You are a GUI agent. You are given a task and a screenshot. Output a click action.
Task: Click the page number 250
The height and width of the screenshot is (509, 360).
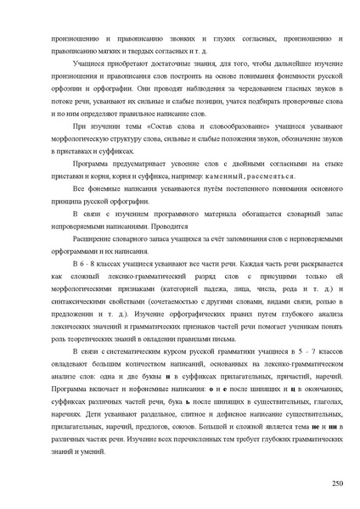click(336, 484)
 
